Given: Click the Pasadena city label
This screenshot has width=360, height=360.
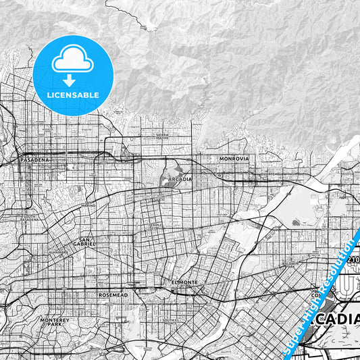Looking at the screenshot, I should click(34, 160).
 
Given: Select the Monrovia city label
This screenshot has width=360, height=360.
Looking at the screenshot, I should click(234, 158).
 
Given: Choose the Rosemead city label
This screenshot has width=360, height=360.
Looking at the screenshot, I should click(111, 294).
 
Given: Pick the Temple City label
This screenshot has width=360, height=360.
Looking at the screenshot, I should click(156, 226).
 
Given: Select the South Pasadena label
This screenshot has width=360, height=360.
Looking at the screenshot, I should click(28, 219).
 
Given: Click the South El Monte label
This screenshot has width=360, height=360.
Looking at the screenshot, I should click(170, 321).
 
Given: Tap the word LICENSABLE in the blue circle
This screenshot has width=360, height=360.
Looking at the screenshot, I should click(73, 95).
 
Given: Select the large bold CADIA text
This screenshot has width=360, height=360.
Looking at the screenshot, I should click(337, 319).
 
